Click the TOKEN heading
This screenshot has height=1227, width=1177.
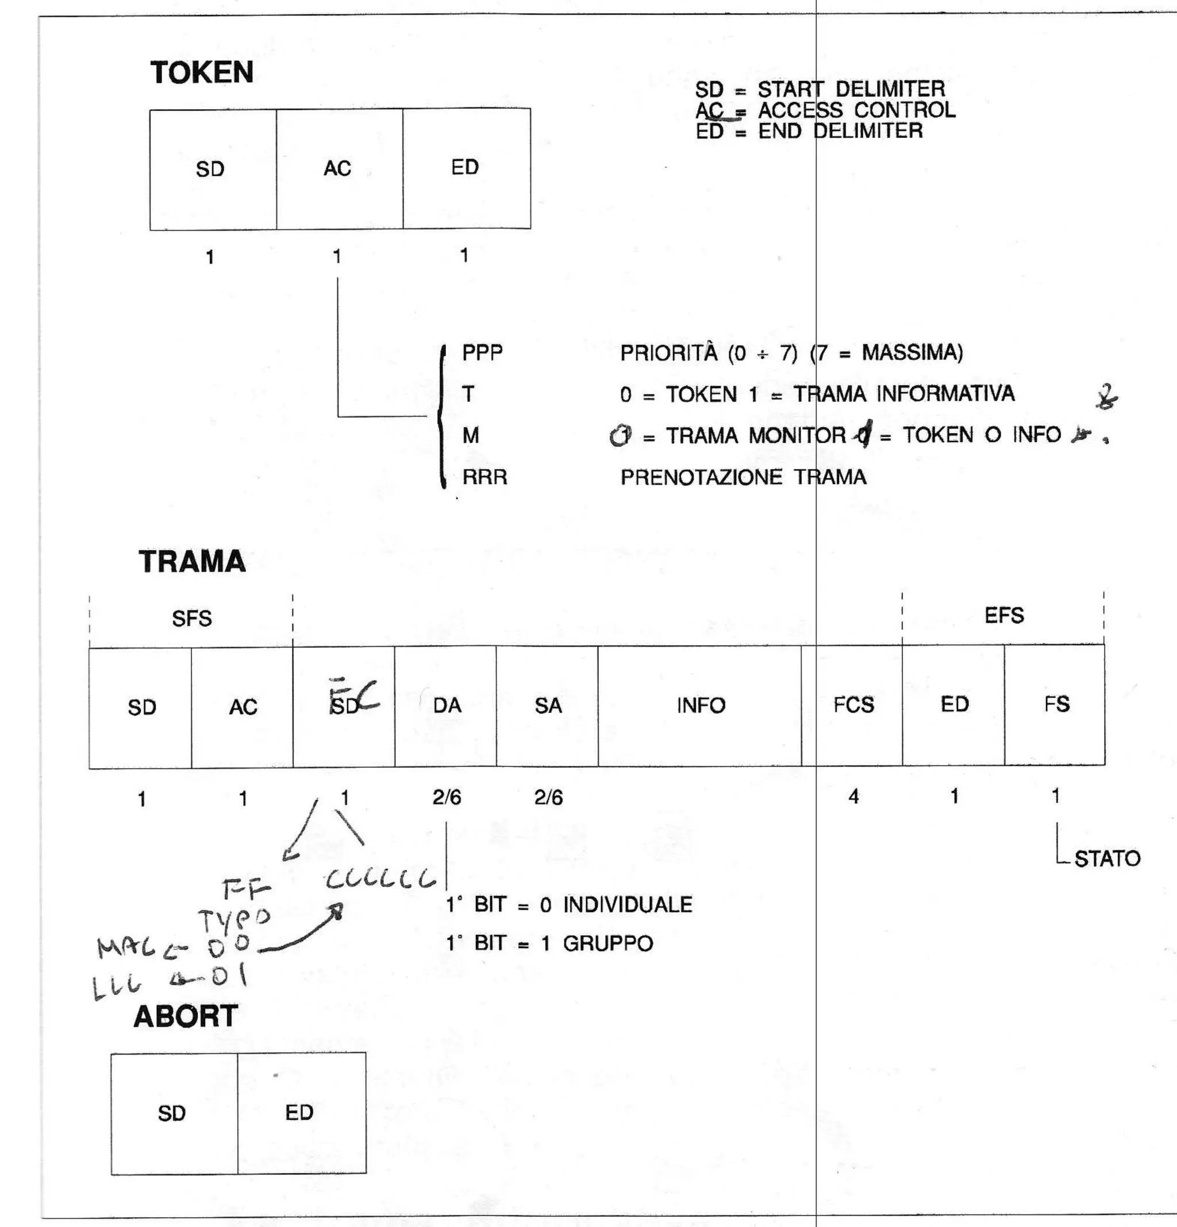(202, 72)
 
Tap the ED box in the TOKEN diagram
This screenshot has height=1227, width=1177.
(466, 168)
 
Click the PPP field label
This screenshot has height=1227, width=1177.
(482, 353)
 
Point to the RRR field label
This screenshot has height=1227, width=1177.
(484, 478)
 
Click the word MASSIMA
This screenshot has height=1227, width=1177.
(911, 352)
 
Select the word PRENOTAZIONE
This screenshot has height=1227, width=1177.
(701, 478)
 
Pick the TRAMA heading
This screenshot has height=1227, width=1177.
(192, 562)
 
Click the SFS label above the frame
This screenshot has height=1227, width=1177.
(191, 619)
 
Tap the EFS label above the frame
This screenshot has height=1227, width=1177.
(1003, 615)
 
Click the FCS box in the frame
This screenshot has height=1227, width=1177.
(852, 705)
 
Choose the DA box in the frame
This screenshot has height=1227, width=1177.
(445, 705)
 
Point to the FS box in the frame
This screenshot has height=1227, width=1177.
(1055, 704)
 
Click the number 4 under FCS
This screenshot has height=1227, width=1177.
(853, 796)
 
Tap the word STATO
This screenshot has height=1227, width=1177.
(1107, 858)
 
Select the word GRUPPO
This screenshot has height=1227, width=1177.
(607, 944)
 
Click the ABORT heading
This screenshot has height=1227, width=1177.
(185, 1016)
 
